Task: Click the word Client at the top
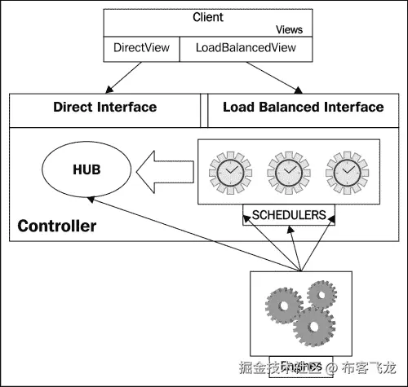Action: click(x=207, y=17)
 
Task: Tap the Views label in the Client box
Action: click(x=289, y=29)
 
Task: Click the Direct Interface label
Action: click(x=104, y=108)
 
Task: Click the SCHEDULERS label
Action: click(x=288, y=216)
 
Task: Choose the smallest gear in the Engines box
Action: click(x=324, y=295)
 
